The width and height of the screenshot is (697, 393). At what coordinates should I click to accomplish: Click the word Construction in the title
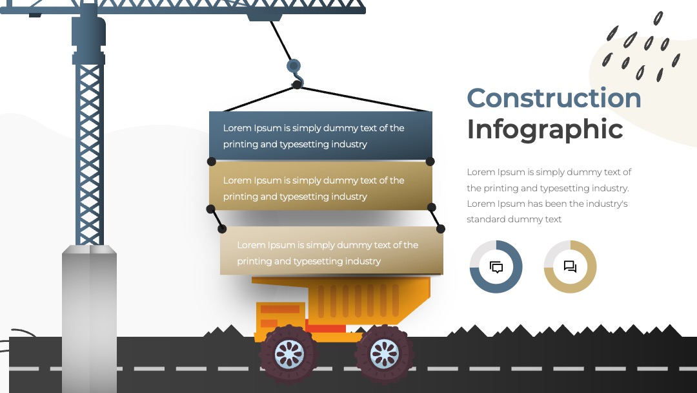tap(554, 98)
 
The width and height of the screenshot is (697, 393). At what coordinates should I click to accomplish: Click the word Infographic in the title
tap(545, 129)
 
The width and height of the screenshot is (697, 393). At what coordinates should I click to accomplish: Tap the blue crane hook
tap(295, 71)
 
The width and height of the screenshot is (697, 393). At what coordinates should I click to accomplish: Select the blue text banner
tap(321, 135)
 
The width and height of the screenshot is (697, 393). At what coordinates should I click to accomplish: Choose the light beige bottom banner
tap(332, 251)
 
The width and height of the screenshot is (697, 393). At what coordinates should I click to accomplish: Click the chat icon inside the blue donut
tap(496, 267)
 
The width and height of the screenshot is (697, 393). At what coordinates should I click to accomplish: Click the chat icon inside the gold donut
tap(571, 266)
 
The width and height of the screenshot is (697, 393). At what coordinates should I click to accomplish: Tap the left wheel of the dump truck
tap(289, 354)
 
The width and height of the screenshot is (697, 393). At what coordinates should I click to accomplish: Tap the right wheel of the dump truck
tap(385, 354)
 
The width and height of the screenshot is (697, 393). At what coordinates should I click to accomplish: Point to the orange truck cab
tap(280, 318)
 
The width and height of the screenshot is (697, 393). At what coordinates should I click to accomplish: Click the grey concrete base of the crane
tap(89, 319)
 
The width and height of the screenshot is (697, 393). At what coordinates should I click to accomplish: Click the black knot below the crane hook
tap(297, 85)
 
